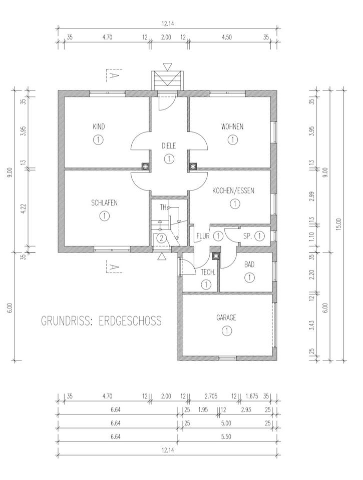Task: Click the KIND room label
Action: (x=99, y=126)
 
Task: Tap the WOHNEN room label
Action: (x=232, y=126)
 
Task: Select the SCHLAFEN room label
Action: (x=104, y=202)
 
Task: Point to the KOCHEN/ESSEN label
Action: (x=233, y=190)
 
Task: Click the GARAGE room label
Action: (x=226, y=317)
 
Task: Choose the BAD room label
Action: (x=249, y=264)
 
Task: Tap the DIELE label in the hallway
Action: (x=169, y=145)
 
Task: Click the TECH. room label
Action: (x=208, y=272)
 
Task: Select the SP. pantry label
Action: (x=247, y=236)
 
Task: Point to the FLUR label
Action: (x=203, y=236)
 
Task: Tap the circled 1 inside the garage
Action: (x=227, y=330)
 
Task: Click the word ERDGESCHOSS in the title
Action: (x=130, y=320)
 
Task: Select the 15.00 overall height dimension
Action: (x=338, y=224)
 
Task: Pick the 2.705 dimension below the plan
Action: (x=211, y=396)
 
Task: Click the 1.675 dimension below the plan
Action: (x=253, y=396)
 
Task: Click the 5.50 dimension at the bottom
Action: (x=226, y=436)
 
